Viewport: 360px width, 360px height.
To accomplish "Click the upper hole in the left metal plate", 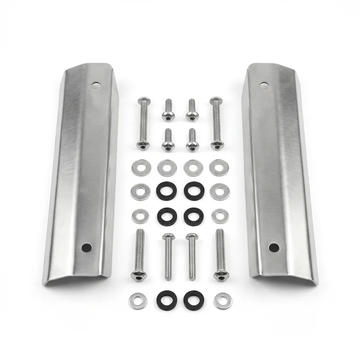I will [95, 84].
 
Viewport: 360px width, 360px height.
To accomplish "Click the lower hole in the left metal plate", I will [86, 247].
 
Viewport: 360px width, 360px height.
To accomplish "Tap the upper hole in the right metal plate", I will [264, 84].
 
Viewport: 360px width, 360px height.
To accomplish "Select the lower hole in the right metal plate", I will [273, 247].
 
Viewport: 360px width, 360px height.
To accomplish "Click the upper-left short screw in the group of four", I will [168, 110].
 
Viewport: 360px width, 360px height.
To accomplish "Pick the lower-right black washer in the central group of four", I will [193, 216].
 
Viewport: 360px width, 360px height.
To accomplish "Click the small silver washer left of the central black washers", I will [140, 216].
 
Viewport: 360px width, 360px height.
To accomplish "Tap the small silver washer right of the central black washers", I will [220, 216].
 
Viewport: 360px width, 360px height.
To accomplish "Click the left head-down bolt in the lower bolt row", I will [139, 254].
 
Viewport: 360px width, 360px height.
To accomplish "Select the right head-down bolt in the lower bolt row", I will [220, 254].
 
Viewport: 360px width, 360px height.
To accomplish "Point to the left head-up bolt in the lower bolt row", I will [168, 256].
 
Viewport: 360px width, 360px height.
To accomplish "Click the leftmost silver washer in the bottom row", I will [138, 301].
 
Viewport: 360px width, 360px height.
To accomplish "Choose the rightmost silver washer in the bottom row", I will [222, 301].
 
